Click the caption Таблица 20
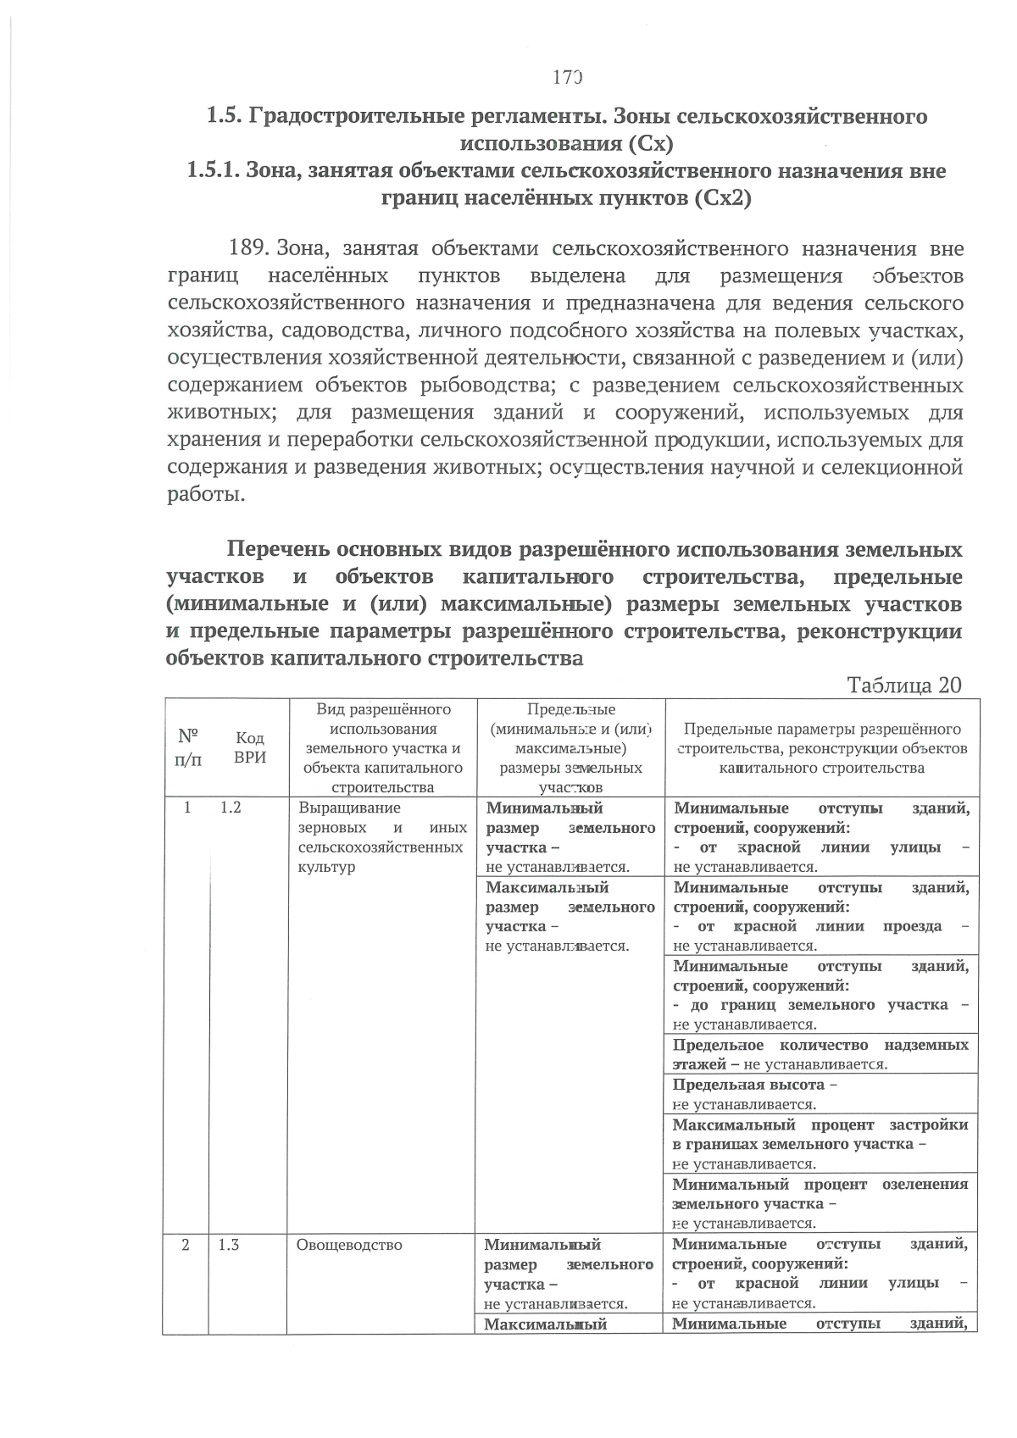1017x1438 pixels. click(x=903, y=685)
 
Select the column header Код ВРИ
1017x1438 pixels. click(x=249, y=747)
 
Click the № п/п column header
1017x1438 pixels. click(x=188, y=747)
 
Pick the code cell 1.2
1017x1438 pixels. click(x=231, y=808)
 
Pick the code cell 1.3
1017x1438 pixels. click(x=229, y=1245)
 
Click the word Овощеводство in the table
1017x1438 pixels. click(x=348, y=1245)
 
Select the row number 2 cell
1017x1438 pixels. click(x=186, y=1245)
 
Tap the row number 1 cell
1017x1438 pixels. click(x=188, y=808)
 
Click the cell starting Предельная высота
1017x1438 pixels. click(x=820, y=1094)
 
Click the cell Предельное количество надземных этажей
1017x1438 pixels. click(x=820, y=1054)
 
